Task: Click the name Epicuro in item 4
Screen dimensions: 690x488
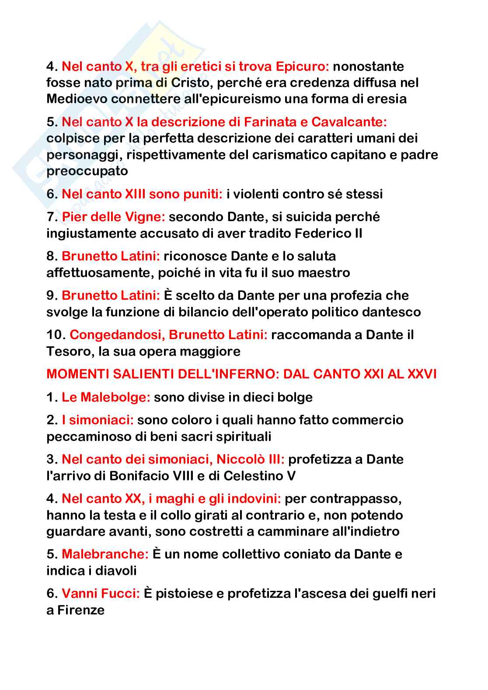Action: pyautogui.click(x=302, y=66)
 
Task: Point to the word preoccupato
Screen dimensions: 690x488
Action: pyautogui.click(x=87, y=171)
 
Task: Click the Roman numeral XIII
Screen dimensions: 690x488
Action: pyautogui.click(x=136, y=194)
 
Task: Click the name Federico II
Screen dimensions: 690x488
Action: pyautogui.click(x=328, y=233)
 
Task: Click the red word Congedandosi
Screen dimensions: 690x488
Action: pyautogui.click(x=117, y=335)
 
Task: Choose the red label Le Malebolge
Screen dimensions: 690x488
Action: pyautogui.click(x=106, y=397)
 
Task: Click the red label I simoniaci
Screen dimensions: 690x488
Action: pyautogui.click(x=98, y=420)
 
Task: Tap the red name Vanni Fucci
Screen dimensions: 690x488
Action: pyautogui.click(x=101, y=593)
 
